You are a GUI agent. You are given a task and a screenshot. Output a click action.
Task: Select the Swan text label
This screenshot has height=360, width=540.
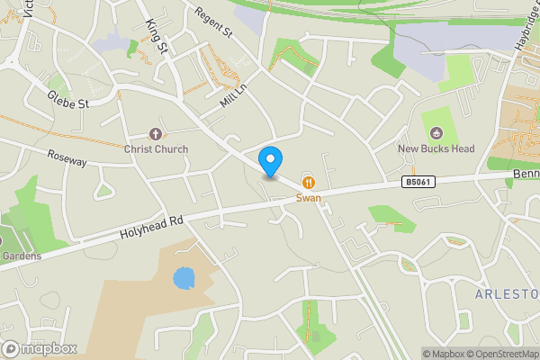pos(309,197)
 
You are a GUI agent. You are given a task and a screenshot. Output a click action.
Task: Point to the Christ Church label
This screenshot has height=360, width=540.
pos(156,148)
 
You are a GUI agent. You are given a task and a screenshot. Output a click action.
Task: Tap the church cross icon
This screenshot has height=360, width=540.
pos(156,134)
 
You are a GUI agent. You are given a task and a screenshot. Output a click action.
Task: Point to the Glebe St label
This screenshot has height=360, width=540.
pos(69,102)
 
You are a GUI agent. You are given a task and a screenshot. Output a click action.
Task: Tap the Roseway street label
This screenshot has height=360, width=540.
pos(67,158)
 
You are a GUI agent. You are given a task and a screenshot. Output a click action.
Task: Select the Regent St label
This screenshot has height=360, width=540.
pos(214,22)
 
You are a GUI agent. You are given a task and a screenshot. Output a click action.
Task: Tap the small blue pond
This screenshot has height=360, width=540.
pos(184,277)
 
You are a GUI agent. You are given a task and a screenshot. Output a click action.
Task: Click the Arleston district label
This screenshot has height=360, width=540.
pos(508,294)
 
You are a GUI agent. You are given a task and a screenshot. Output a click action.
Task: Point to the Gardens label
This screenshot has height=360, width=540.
pos(21,256)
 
